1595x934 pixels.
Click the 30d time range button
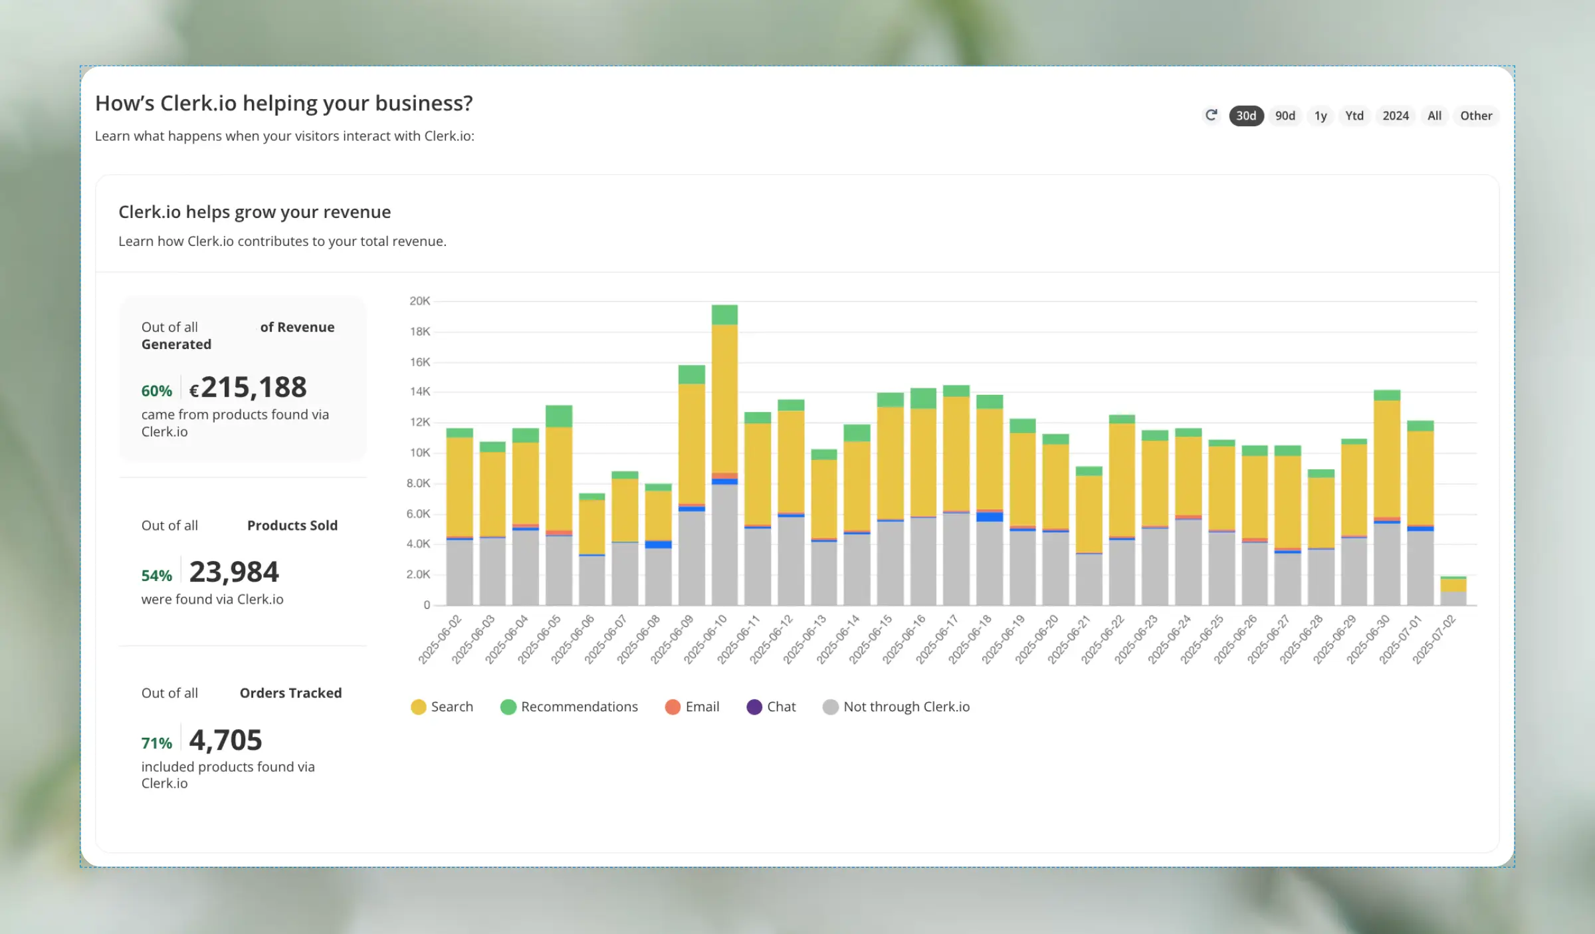[x=1245, y=116]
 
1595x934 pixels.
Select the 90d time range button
[x=1285, y=116]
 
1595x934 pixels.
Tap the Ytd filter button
[x=1354, y=116]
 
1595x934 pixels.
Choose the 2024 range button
[x=1395, y=116]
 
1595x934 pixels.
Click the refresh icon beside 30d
[x=1211, y=115]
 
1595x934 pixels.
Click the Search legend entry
[x=442, y=707]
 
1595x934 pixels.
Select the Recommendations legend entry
[x=569, y=707]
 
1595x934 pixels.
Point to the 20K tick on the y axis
[x=419, y=301]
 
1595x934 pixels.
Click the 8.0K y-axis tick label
[x=418, y=483]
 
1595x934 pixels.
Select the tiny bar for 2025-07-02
[x=1453, y=591]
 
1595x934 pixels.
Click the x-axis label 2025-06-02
[x=440, y=639]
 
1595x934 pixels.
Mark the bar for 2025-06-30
[x=1386, y=499]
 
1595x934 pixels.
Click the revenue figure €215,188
[x=248, y=388]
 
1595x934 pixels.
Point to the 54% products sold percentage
[x=156, y=576]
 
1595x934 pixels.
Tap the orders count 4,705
[x=225, y=740]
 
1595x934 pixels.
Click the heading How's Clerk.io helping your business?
[x=284, y=104]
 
